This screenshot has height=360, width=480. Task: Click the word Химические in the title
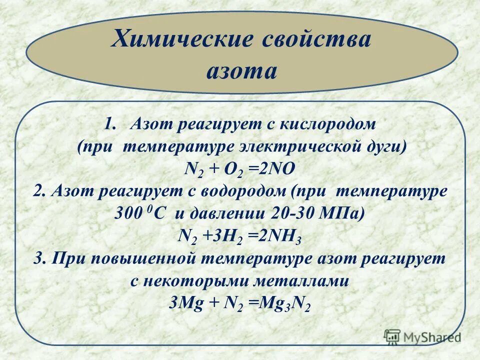coord(182,39)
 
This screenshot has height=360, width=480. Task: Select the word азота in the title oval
coord(241,71)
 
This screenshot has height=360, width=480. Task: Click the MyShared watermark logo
coord(422,337)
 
